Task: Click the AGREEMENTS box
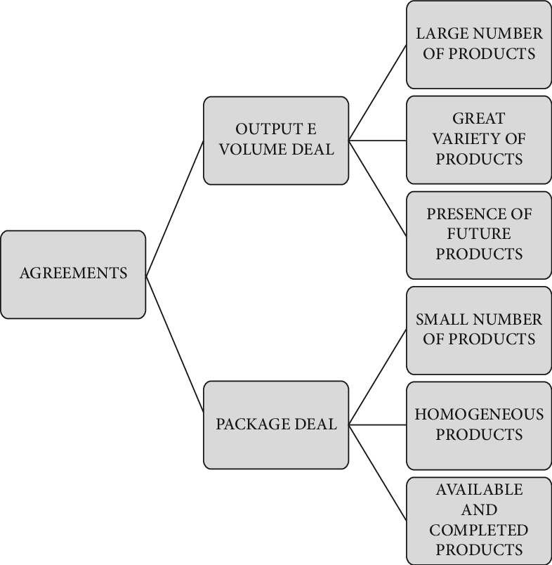(73, 274)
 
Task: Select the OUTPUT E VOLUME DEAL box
(276, 140)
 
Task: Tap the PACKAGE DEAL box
(276, 424)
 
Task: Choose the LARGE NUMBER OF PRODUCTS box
(479, 44)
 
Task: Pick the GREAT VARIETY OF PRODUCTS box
(479, 139)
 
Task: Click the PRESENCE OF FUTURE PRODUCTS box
(479, 234)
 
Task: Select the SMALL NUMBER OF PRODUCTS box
(479, 330)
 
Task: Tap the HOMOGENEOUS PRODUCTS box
(479, 424)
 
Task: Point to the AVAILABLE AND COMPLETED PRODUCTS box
(479, 519)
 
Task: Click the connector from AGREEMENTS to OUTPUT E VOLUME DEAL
(175, 208)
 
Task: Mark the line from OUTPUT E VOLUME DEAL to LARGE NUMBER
(378, 92)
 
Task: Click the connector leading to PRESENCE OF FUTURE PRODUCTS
(378, 188)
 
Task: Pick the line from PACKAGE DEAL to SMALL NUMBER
(378, 377)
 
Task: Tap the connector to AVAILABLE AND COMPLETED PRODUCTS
(378, 472)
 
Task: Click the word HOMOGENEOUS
(479, 415)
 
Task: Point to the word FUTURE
(479, 234)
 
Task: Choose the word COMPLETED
(479, 530)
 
